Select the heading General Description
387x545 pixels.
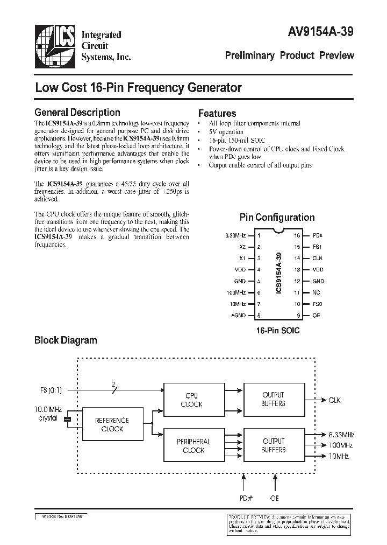pyautogui.click(x=77, y=113)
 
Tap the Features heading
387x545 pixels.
pyautogui.click(x=217, y=114)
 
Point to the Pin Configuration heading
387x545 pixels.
pyautogui.click(x=277, y=218)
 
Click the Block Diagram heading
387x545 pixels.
pyautogui.click(x=66, y=340)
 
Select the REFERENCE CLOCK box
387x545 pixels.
pyautogui.click(x=112, y=424)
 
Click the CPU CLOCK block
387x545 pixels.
pyautogui.click(x=191, y=399)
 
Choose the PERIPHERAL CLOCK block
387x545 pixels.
pyautogui.click(x=193, y=445)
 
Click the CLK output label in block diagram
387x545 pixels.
pyautogui.click(x=334, y=400)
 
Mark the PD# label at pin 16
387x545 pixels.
pyautogui.click(x=318, y=235)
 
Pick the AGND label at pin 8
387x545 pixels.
pyautogui.click(x=239, y=315)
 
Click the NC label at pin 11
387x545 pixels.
pyautogui.click(x=317, y=292)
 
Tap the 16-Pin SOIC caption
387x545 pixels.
pyautogui.click(x=278, y=330)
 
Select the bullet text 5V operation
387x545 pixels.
pyautogui.click(x=226, y=132)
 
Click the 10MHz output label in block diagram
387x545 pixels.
pyautogui.click(x=338, y=456)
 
